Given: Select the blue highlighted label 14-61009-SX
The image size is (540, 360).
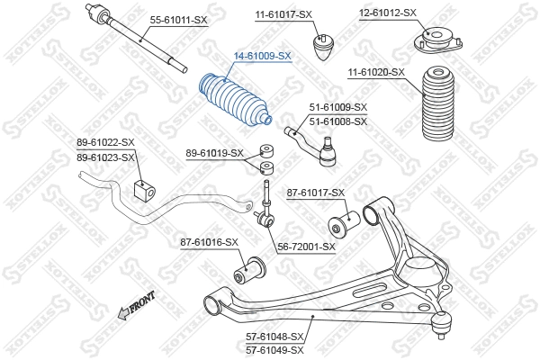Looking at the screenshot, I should pyautogui.click(x=263, y=56).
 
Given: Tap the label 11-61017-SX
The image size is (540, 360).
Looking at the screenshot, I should pyautogui.click(x=283, y=14).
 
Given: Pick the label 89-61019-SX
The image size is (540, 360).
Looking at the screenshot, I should pyautogui.click(x=214, y=152).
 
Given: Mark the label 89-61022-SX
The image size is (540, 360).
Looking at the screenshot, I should pyautogui.click(x=105, y=142).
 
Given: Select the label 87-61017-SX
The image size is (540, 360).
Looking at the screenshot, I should pyautogui.click(x=315, y=193).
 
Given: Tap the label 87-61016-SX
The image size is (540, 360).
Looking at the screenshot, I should pyautogui.click(x=209, y=242).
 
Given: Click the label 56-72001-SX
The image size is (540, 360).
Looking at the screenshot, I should pyautogui.click(x=305, y=246).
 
